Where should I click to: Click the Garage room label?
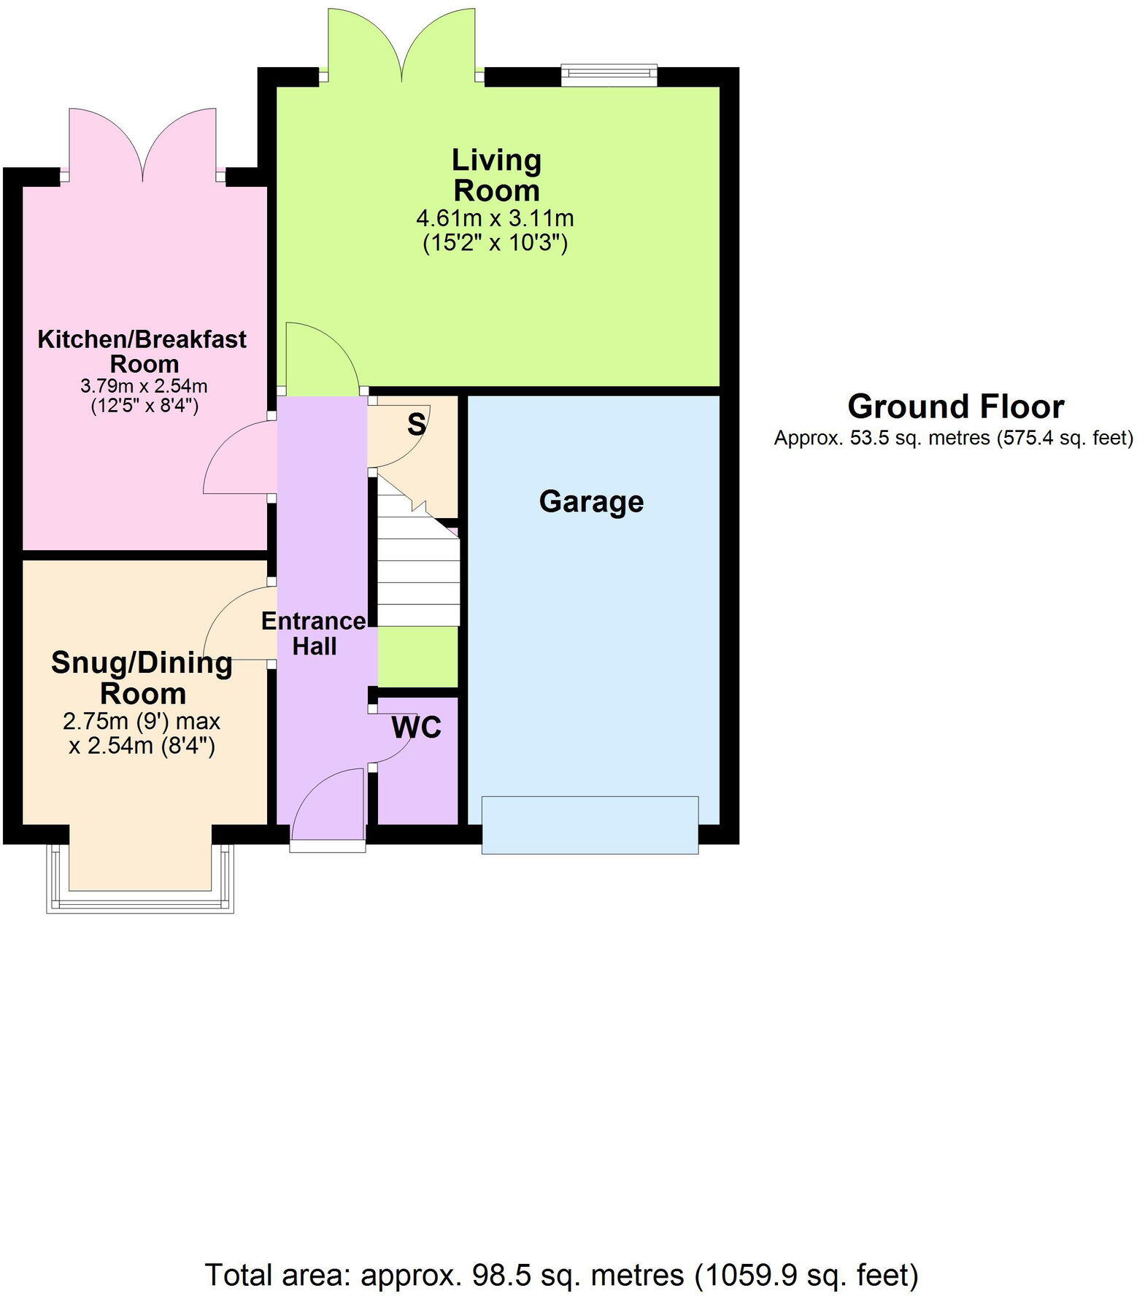591,502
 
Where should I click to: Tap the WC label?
416,728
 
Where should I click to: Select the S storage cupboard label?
416,424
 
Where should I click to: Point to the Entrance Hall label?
314,633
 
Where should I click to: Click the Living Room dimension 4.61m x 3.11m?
495,218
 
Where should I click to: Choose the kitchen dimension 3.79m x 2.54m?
144,385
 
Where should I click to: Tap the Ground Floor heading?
955,406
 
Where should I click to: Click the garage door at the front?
590,825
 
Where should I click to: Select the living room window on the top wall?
609,74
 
